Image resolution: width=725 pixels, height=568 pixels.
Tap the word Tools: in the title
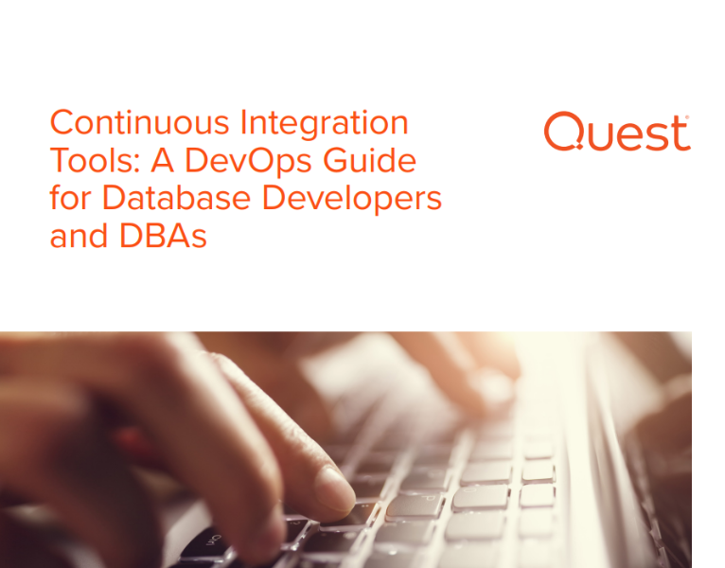click(x=86, y=161)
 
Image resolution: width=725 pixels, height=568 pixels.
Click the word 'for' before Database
click(x=70, y=199)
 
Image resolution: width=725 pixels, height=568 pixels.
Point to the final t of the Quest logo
click(x=679, y=133)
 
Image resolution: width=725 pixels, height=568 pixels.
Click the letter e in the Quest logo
click(x=624, y=135)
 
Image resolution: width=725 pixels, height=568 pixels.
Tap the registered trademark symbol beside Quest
click(x=687, y=118)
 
